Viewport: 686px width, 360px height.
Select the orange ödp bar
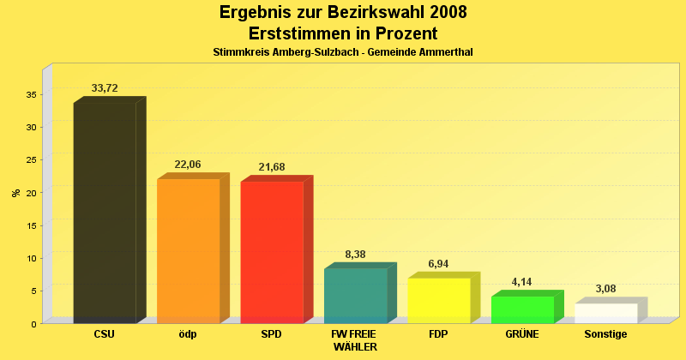(x=188, y=250)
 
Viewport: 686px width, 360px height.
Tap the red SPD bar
(x=272, y=252)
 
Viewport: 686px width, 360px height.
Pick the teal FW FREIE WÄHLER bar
(x=355, y=296)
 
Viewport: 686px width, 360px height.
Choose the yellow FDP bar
(x=438, y=301)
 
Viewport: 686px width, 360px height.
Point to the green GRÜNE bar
(x=522, y=309)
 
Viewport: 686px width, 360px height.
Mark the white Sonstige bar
(x=605, y=313)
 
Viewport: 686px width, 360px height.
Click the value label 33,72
(x=105, y=88)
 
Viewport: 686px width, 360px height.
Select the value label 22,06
(x=188, y=165)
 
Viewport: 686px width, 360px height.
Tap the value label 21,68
(x=272, y=167)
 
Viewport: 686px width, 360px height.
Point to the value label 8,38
(x=355, y=255)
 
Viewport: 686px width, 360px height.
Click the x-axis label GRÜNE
(x=522, y=334)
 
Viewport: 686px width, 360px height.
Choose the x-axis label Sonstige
(x=605, y=334)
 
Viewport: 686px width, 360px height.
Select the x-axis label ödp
(x=188, y=334)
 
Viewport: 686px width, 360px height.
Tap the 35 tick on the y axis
(x=31, y=94)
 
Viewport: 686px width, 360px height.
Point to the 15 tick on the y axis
(x=31, y=225)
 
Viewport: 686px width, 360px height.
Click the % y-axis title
(x=16, y=193)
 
